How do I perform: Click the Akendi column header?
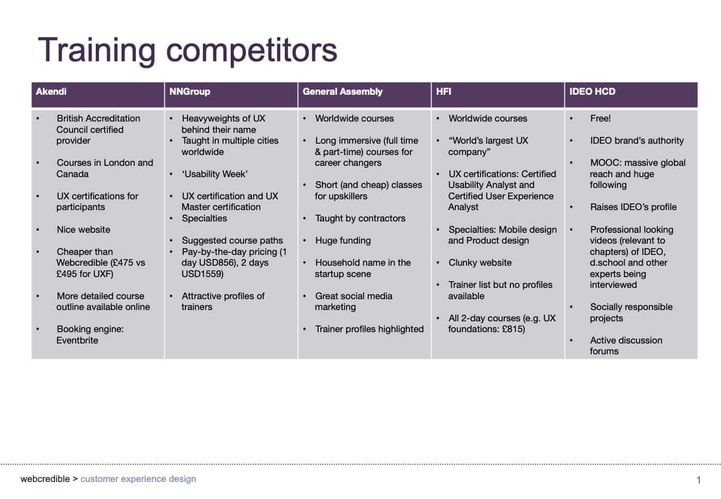click(x=51, y=92)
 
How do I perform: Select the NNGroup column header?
click(x=190, y=92)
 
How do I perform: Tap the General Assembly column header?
click(x=342, y=92)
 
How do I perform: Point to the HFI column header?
click(x=443, y=92)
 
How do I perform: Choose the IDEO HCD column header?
click(x=592, y=92)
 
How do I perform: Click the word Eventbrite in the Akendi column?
click(x=77, y=340)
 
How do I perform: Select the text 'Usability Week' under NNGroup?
click(x=215, y=174)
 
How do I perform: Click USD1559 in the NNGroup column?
click(x=202, y=274)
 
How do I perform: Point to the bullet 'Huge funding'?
click(x=343, y=241)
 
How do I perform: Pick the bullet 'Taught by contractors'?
click(x=360, y=218)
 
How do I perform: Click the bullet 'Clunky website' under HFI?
click(x=480, y=263)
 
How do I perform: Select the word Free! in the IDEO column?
click(x=600, y=118)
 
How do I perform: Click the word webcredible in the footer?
click(x=45, y=479)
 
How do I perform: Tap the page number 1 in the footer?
click(x=699, y=480)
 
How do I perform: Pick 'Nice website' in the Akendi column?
click(x=83, y=230)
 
